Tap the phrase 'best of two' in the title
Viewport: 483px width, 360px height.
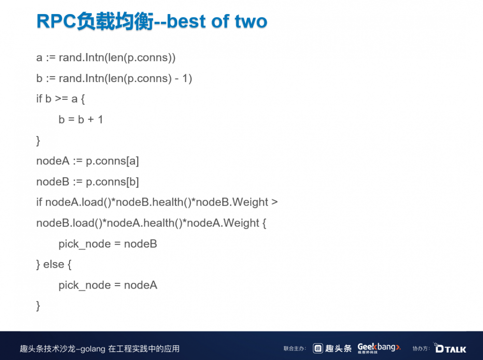coord(217,22)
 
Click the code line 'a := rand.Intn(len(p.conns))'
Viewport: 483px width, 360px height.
coord(106,58)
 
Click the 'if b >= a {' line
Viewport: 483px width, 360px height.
coord(60,99)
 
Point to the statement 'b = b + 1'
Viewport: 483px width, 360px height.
coord(81,120)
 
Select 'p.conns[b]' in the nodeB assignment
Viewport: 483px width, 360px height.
coord(112,182)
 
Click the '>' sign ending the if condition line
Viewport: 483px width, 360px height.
coord(274,202)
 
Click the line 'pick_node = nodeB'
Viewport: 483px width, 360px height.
coord(108,244)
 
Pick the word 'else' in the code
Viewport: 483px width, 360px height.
coord(53,264)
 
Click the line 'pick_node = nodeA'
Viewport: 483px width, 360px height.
coord(108,285)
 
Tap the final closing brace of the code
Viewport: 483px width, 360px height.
coord(38,306)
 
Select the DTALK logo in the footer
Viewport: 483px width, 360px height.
coord(450,348)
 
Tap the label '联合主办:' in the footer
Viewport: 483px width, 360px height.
coord(295,348)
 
